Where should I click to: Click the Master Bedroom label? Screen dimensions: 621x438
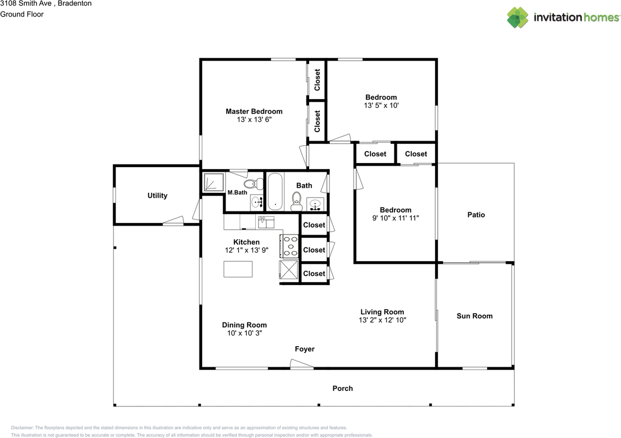pos(254,111)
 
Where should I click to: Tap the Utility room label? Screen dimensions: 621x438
pos(157,195)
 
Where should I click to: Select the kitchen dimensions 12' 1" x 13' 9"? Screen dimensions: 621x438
pos(246,250)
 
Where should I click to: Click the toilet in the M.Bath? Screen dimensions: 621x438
pos(253,184)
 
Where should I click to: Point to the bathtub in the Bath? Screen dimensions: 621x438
pos(275,191)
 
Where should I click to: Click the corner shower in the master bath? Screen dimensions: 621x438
pos(214,182)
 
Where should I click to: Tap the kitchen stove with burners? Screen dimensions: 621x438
pos(289,246)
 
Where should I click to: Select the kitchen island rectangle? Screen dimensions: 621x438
pos(238,269)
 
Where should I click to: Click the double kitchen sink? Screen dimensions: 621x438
pos(266,222)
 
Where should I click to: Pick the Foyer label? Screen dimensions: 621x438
pos(304,349)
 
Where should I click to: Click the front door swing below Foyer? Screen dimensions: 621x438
pos(302,364)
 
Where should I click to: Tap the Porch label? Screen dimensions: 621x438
pos(343,388)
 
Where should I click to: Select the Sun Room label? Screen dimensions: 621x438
pos(474,316)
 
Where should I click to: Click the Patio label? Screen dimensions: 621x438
pos(476,215)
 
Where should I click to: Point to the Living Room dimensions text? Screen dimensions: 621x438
pos(382,320)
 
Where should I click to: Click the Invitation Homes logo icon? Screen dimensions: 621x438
pos(518,17)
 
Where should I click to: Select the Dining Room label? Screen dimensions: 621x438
pos(244,325)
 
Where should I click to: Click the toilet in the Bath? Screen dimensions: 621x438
pos(296,202)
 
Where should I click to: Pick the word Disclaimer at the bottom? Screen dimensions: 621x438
pos(22,428)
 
